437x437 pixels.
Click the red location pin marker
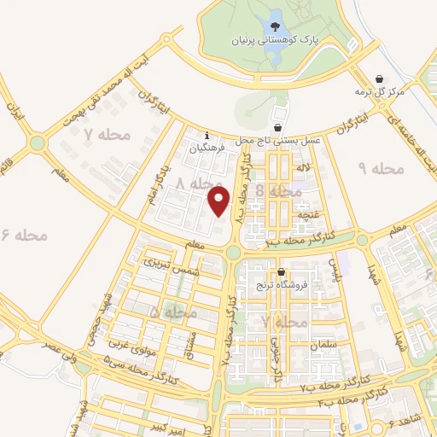[x=219, y=201]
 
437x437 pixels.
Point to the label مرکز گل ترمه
[x=376, y=90]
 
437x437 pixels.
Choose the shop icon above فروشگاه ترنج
[x=280, y=272]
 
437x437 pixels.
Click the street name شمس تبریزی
[x=163, y=265]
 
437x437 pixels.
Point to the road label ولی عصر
[x=44, y=348]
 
